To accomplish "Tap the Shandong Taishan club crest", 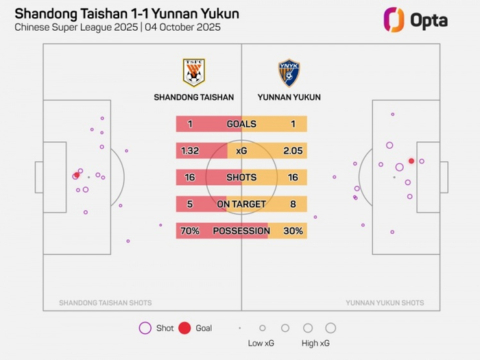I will tap(193, 72).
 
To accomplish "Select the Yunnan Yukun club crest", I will tap(289, 73).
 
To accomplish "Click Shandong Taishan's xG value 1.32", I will tap(191, 151).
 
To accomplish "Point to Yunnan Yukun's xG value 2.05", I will tap(292, 151).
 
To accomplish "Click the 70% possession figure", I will tap(190, 231).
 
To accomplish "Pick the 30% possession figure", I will tap(293, 231).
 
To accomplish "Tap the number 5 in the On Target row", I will tap(190, 204).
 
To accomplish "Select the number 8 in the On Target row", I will tap(293, 204).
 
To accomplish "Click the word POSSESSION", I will tap(241, 231).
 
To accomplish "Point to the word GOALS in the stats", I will tap(241, 124).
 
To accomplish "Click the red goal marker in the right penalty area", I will tap(411, 161).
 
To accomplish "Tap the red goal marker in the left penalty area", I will tap(76, 176).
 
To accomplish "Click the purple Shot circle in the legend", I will tap(145, 328).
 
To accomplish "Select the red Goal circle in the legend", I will tap(184, 328).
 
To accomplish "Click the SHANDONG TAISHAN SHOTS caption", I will tap(106, 302).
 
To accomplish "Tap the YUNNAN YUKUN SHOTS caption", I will tap(385, 302).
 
